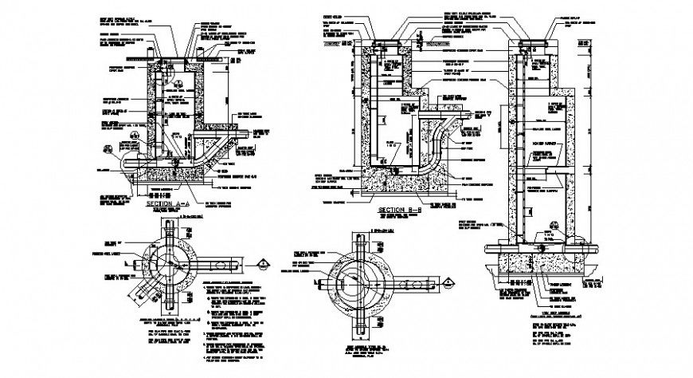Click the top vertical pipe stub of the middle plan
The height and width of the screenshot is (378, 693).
(366, 244)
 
